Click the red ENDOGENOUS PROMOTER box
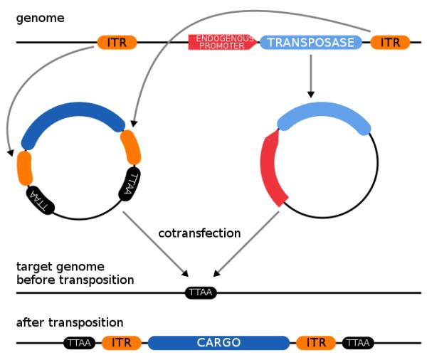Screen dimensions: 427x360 click(222, 42)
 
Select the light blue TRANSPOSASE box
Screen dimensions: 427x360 click(311, 42)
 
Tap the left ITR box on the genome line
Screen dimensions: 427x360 click(117, 42)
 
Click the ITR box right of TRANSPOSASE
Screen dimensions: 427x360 click(390, 42)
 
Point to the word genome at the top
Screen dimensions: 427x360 click(41, 18)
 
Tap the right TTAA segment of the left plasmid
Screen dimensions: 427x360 click(130, 184)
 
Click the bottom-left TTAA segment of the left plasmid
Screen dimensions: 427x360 click(41, 200)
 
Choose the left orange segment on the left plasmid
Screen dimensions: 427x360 click(24, 169)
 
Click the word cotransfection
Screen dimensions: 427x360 click(199, 233)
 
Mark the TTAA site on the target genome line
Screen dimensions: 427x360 click(201, 292)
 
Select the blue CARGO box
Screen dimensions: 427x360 click(218, 343)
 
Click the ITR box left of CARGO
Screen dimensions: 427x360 click(122, 343)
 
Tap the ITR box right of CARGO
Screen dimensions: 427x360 click(316, 343)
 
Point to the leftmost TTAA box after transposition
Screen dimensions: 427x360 click(79, 343)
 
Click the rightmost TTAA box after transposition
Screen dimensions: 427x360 click(358, 343)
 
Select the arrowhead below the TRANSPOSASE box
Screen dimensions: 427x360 click(311, 94)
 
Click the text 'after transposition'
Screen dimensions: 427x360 click(70, 323)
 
